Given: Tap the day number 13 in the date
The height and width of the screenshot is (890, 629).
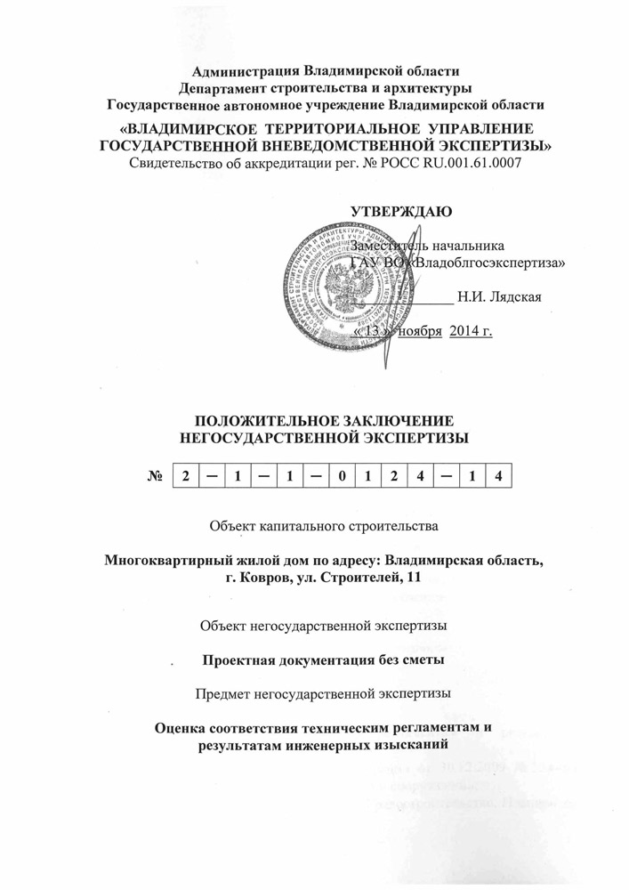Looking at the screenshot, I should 377,331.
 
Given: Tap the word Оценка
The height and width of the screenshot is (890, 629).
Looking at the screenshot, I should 182,727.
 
